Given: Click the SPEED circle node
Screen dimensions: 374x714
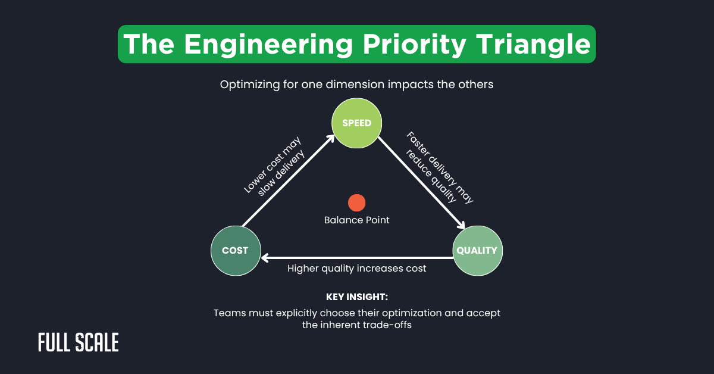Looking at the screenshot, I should click(x=356, y=123).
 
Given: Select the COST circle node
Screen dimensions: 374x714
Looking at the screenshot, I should click(x=235, y=250).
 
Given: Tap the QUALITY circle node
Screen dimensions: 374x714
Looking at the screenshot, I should click(x=478, y=250).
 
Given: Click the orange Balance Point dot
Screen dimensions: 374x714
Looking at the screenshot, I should click(x=356, y=202).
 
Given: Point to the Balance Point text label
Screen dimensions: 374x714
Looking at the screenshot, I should click(x=356, y=220).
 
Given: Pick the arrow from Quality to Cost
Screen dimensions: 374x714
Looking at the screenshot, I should click(x=357, y=258).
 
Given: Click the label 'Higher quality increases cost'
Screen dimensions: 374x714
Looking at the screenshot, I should click(x=356, y=269).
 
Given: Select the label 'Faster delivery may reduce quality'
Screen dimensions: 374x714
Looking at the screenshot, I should click(x=439, y=168).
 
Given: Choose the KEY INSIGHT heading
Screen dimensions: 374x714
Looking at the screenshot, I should click(x=356, y=297).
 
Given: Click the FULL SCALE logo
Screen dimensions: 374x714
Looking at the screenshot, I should click(x=78, y=342).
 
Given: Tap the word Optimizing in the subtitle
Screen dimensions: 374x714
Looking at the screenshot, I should click(x=248, y=85).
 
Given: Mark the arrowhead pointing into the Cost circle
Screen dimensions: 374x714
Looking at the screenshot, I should click(x=266, y=258).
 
